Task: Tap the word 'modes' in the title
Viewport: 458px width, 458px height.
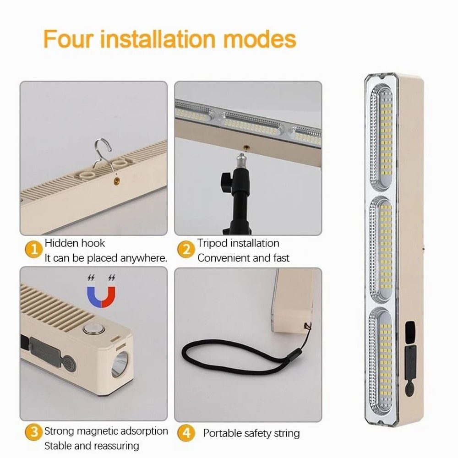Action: [x=259, y=39]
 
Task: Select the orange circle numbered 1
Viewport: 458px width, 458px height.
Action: [x=33, y=250]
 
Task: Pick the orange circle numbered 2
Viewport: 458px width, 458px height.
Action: [x=186, y=250]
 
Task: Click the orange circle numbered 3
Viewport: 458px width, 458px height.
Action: [x=33, y=432]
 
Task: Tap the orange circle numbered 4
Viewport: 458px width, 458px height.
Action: [x=186, y=433]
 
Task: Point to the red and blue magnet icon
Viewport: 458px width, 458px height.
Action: [x=101, y=296]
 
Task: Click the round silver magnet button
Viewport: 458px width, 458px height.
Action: [x=90, y=329]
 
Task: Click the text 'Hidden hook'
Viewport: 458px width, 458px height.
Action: [x=75, y=243]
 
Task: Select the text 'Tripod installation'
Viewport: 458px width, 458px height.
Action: [x=238, y=243]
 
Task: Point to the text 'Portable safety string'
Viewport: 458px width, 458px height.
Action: [x=251, y=433]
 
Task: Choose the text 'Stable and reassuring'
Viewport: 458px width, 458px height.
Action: [x=92, y=445]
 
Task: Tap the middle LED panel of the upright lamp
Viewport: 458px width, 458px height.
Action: [x=381, y=247]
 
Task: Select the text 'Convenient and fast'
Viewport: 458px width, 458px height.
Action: [x=243, y=258]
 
